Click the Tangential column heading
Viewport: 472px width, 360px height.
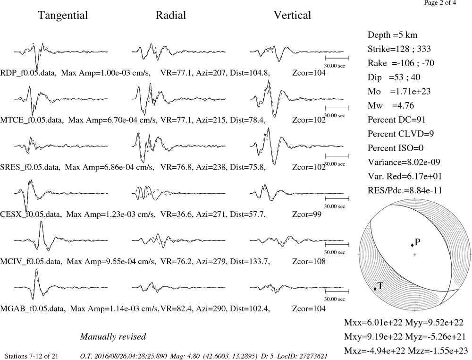click(63, 16)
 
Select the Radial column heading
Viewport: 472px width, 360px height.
click(171, 15)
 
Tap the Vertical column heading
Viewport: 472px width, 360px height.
click(292, 15)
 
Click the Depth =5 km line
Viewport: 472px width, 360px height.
click(392, 35)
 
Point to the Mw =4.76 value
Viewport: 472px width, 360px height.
click(391, 105)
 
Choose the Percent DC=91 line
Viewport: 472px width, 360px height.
click(396, 120)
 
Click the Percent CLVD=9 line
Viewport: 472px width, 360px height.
click(401, 134)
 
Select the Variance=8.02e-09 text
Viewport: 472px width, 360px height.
click(404, 162)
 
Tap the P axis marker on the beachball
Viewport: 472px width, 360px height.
click(412, 245)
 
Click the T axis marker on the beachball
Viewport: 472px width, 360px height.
click(375, 289)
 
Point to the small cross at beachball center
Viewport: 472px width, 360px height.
click(415, 255)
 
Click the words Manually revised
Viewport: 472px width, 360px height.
click(113, 336)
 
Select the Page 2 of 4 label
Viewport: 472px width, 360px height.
click(440, 3)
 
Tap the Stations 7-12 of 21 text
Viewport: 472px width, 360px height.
click(32, 356)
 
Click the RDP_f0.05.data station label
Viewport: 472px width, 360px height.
click(28, 73)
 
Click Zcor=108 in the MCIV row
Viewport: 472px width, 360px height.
click(309, 261)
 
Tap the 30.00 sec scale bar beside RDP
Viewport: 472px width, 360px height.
click(337, 58)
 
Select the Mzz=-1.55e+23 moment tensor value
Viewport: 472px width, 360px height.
click(438, 351)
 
